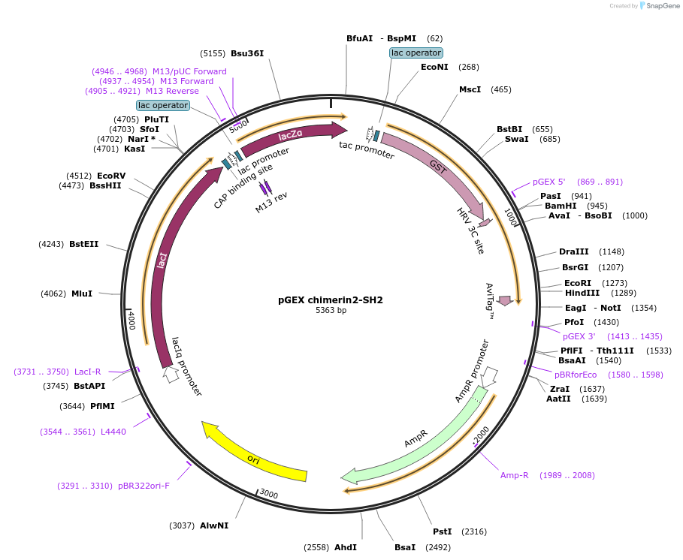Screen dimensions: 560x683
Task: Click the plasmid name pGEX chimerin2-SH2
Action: click(x=331, y=300)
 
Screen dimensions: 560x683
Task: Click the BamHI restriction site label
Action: click(x=561, y=206)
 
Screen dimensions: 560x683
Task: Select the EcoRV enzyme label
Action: click(x=111, y=176)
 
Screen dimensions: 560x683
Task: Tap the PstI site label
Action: click(x=443, y=531)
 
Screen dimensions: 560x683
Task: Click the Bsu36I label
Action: click(x=247, y=53)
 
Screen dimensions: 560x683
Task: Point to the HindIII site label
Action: click(x=582, y=293)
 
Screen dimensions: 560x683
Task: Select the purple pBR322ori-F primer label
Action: click(x=144, y=486)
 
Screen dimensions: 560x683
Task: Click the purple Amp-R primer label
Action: click(x=515, y=475)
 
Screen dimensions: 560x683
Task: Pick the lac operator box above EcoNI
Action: click(x=416, y=53)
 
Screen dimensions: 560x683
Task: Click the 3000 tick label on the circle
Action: click(x=268, y=495)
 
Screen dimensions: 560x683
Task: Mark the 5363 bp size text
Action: click(x=331, y=310)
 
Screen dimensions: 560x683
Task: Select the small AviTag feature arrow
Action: click(x=505, y=300)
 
